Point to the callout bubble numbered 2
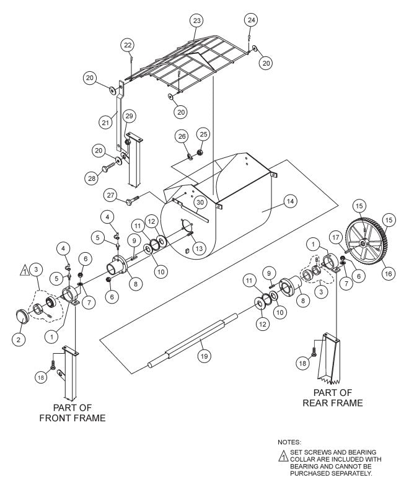pyautogui.click(x=19, y=339)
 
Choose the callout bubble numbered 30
pyautogui.click(x=199, y=203)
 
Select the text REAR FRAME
pyautogui.click(x=332, y=403)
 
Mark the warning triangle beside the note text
pyautogui.click(x=283, y=456)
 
